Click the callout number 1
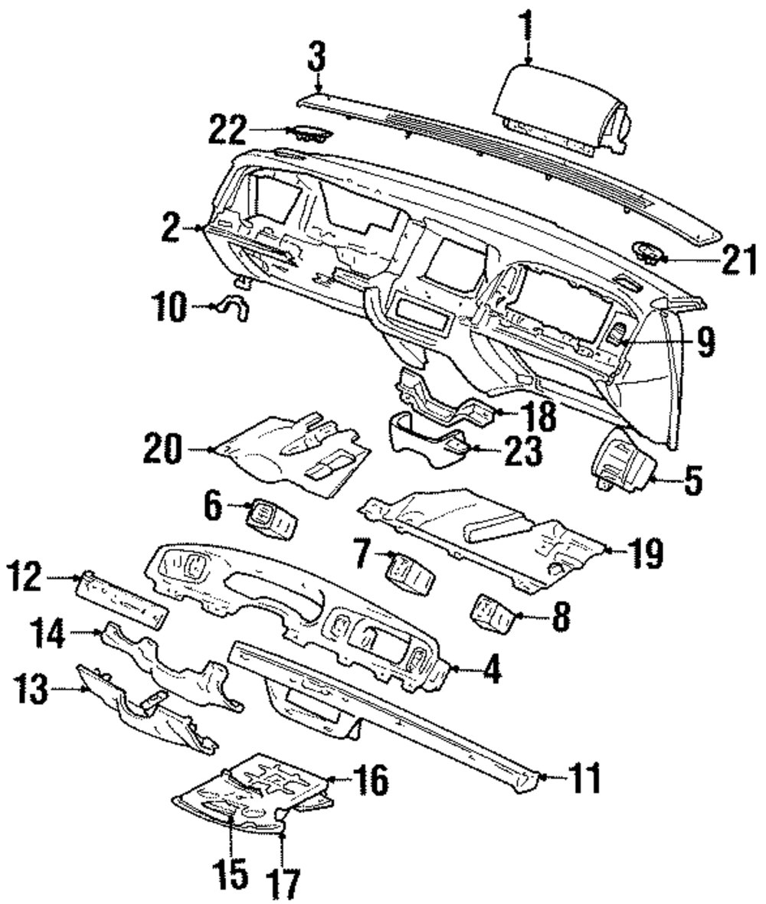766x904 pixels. tap(526, 27)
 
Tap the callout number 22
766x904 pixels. tap(228, 129)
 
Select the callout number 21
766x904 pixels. tap(739, 259)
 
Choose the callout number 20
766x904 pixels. tap(162, 449)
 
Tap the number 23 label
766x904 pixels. tap(524, 450)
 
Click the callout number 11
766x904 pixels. tap(584, 778)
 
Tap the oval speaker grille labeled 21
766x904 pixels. tap(650, 253)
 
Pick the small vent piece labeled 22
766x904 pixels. tap(310, 134)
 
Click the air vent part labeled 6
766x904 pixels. tap(270, 520)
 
